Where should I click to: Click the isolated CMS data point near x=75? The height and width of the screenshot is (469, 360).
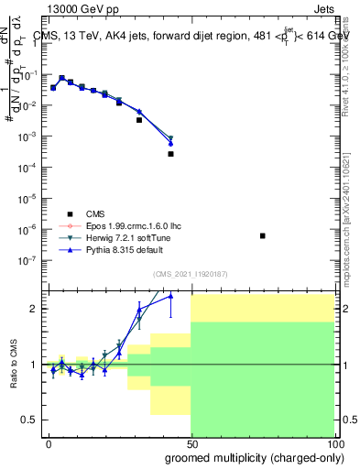coord(263,236)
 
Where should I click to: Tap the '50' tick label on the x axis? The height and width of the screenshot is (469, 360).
coord(191,442)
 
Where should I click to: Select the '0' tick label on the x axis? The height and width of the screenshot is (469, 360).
coord(49,442)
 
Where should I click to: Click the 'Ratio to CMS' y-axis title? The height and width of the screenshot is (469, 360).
coord(13,365)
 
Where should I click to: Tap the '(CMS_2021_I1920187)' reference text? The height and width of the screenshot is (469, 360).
coord(191,273)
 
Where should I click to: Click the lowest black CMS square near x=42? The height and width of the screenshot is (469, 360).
coord(170,154)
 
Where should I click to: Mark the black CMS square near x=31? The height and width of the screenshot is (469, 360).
coord(139,120)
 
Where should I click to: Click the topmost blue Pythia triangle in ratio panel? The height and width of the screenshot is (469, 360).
coord(170,296)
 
